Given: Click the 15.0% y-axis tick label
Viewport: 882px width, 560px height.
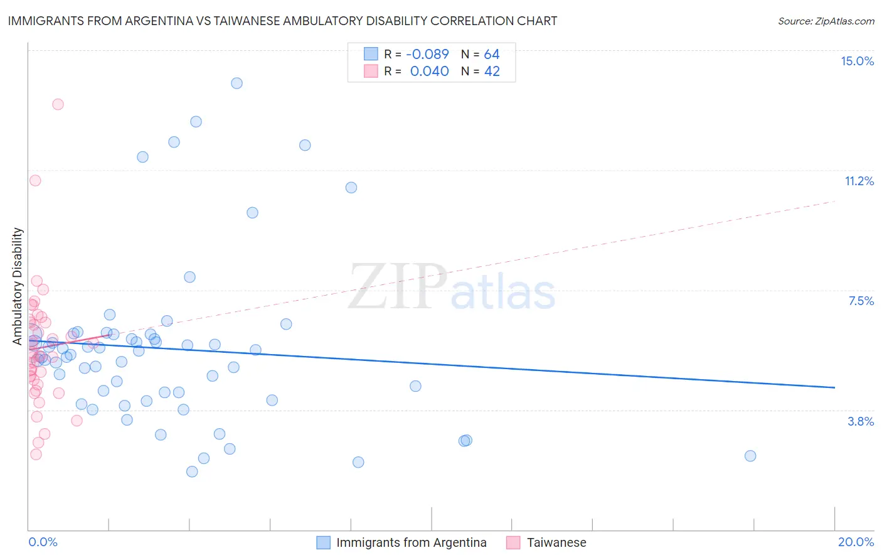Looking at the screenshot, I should click(x=857, y=61).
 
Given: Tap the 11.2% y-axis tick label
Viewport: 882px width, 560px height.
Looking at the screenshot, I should click(x=859, y=181).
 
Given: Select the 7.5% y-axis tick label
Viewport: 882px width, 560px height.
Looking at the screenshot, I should click(x=861, y=301).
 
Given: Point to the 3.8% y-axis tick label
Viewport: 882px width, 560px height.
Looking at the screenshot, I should click(x=861, y=421).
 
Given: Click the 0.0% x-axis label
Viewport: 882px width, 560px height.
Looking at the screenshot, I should click(x=43, y=542).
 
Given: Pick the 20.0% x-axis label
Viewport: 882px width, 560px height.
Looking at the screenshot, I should click(x=856, y=542).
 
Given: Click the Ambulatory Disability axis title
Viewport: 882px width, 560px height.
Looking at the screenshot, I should click(x=18, y=286).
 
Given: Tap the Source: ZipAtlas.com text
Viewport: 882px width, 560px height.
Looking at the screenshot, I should click(x=826, y=21).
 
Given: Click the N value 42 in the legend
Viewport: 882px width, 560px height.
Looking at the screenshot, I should click(x=492, y=72).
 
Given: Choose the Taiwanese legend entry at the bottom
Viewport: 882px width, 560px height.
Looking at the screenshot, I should click(x=556, y=542).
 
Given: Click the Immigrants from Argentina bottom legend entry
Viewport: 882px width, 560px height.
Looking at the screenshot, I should click(x=411, y=542).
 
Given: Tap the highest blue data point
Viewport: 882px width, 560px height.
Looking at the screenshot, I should click(x=236, y=83).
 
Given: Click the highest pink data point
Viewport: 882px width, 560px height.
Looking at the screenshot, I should click(x=58, y=104).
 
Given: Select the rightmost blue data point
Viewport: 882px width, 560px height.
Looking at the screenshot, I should click(x=750, y=456).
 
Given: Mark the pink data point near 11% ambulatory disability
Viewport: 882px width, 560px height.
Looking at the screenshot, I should click(x=35, y=180).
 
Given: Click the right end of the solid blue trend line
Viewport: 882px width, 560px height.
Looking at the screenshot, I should click(x=834, y=387).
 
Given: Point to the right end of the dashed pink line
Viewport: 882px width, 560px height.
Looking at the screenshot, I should click(x=834, y=201).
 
